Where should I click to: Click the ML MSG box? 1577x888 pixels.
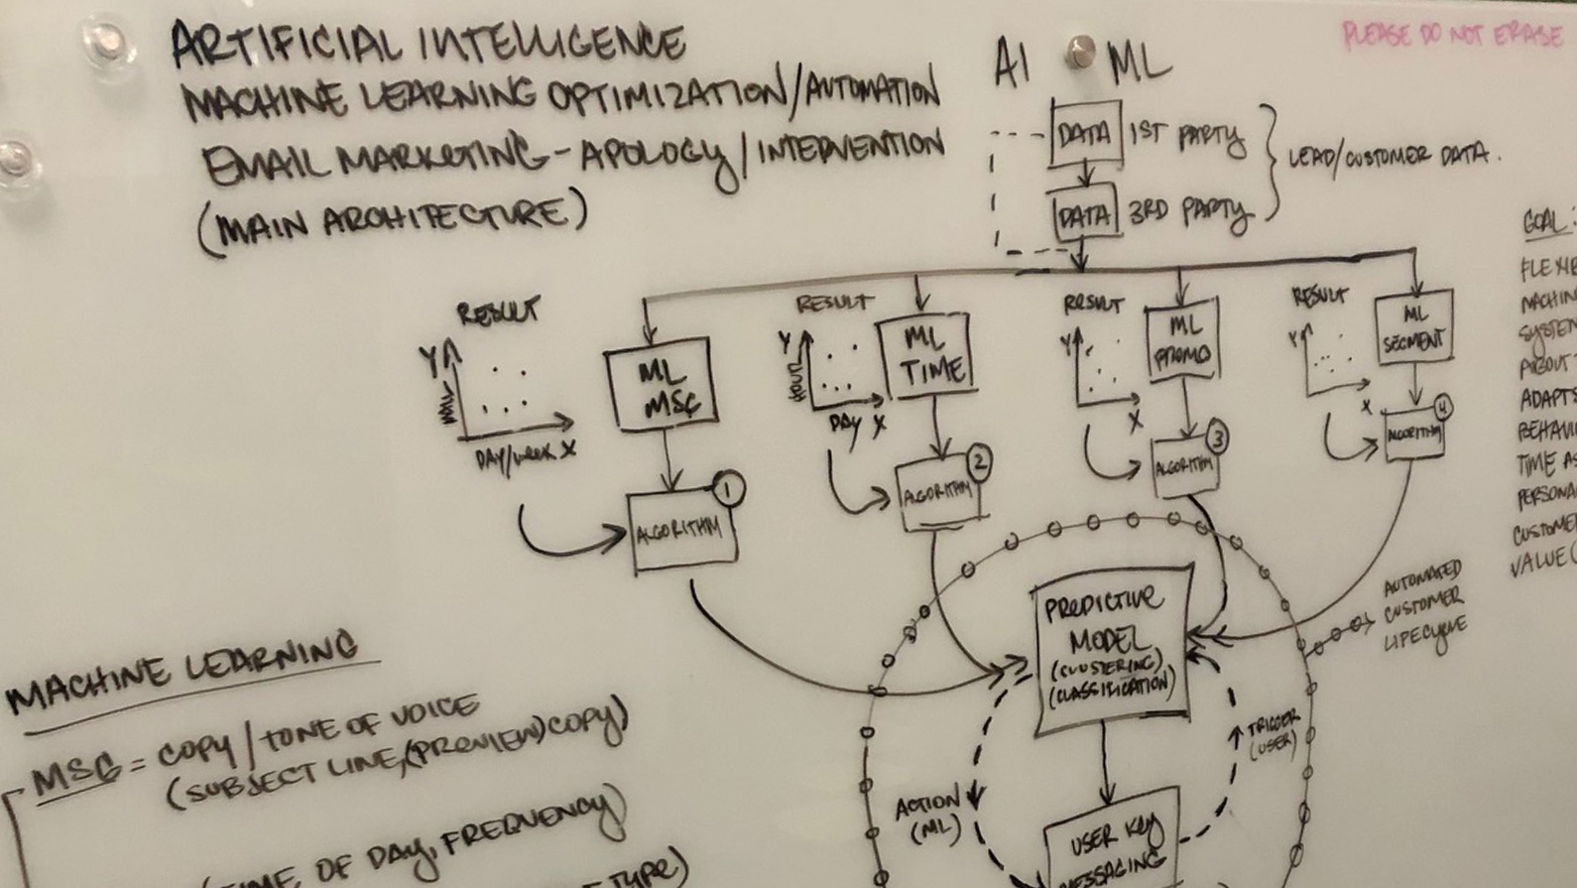tap(662, 384)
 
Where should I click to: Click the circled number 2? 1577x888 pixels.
tap(978, 460)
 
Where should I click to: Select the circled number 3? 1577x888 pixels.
tap(1216, 438)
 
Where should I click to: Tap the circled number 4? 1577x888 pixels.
tap(1441, 406)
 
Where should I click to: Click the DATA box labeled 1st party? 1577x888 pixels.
tap(1085, 133)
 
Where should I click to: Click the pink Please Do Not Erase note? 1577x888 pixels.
tap(1452, 36)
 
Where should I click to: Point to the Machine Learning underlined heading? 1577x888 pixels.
tap(183, 676)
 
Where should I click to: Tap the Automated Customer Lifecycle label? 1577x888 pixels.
tap(1424, 602)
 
